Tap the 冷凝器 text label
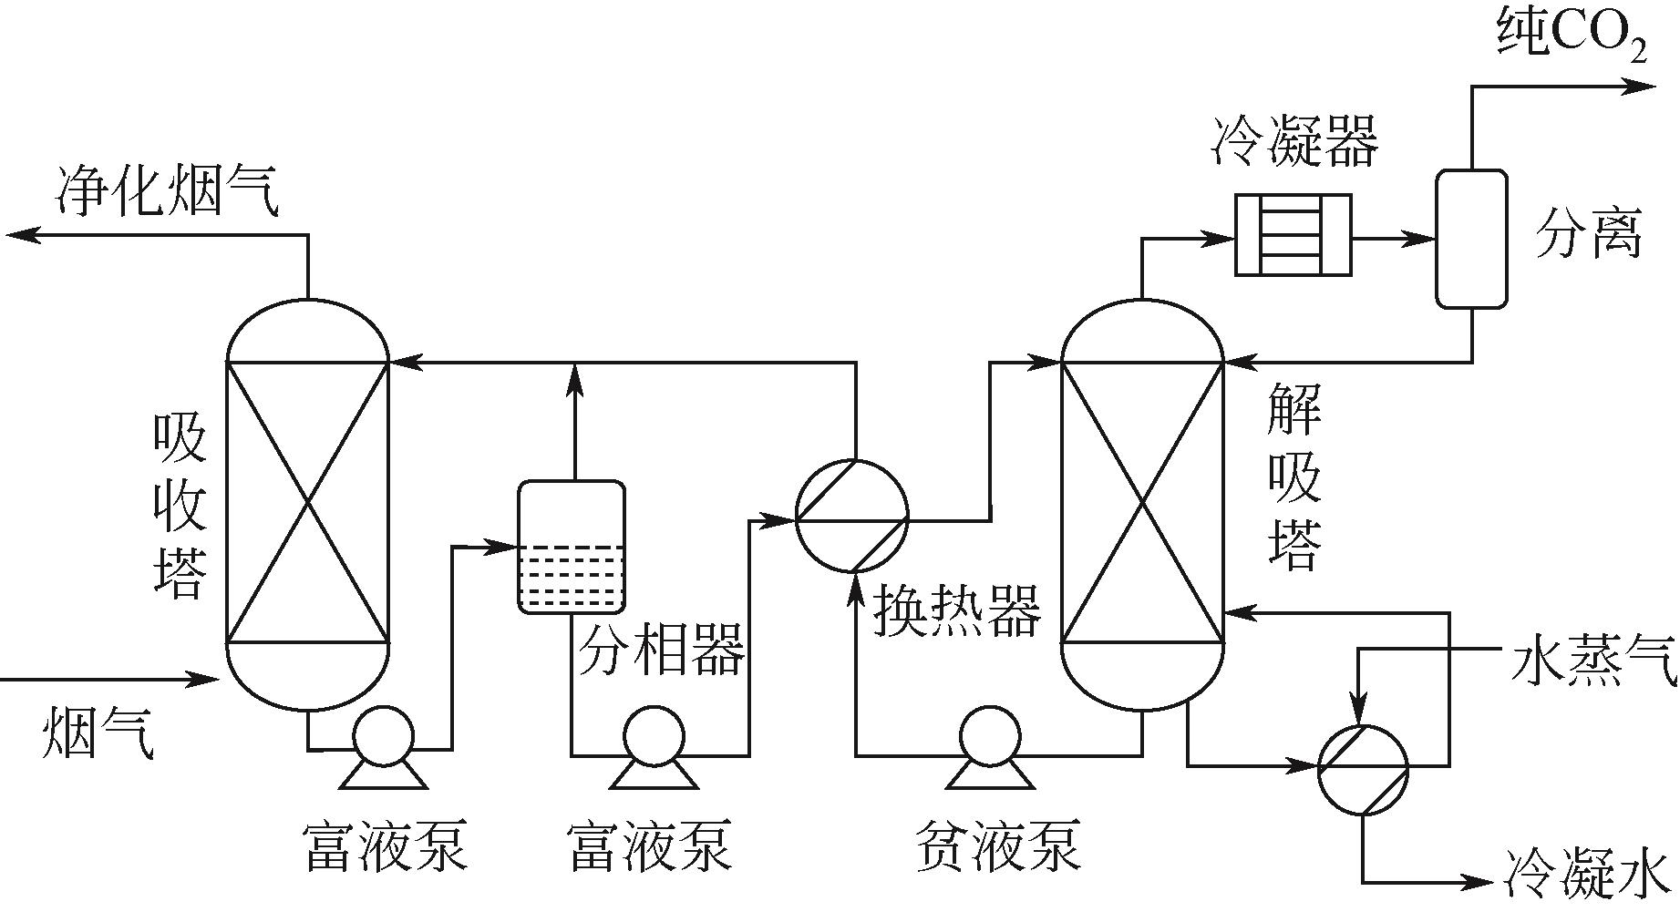[1294, 141]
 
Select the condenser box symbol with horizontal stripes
[1293, 235]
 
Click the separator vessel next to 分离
[1471, 239]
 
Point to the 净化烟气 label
[168, 191]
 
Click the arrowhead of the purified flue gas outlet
[22, 235]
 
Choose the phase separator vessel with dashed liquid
[572, 547]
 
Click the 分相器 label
[662, 649]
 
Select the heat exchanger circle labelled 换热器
[851, 516]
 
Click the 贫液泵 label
[997, 845]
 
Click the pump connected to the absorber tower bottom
[383, 736]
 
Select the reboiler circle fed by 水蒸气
[1363, 769]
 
